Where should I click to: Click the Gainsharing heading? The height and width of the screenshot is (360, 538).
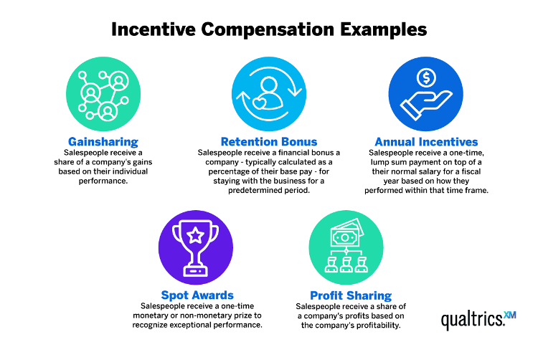point(103,141)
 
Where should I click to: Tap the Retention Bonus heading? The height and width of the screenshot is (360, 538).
point(269,141)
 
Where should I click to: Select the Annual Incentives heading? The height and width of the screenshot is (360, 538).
point(426,141)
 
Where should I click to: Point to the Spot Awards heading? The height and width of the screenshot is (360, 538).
point(197,295)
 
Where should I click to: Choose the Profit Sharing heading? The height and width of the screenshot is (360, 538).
point(351,295)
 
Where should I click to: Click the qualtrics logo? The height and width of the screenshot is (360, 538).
point(478,320)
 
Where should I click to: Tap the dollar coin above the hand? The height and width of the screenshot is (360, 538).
point(427,77)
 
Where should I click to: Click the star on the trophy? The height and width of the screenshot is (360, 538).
point(196,235)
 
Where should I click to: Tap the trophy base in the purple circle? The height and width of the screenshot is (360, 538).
point(196,270)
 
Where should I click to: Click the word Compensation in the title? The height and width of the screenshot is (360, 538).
point(268,30)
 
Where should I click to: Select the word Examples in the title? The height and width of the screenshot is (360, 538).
point(384,30)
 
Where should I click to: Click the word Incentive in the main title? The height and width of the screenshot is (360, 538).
point(154,29)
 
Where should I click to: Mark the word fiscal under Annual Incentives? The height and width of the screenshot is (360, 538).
point(471,171)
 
